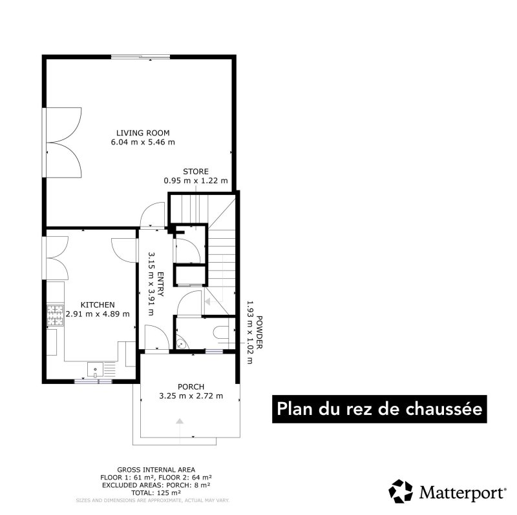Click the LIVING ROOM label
pyautogui.click(x=143, y=133)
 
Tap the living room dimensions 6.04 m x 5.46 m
pyautogui.click(x=143, y=142)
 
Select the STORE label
pyautogui.click(x=196, y=172)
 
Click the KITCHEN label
pyautogui.click(x=98, y=305)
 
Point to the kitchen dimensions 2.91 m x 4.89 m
pyautogui.click(x=98, y=314)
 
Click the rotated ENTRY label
pyautogui.click(x=160, y=284)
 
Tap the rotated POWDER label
pyautogui.click(x=260, y=332)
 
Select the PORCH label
pyautogui.click(x=191, y=387)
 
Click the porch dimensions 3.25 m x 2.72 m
pyautogui.click(x=191, y=396)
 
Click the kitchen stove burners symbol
pyautogui.click(x=55, y=316)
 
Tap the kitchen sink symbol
pyautogui.click(x=95, y=369)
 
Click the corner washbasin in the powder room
pyautogui.click(x=182, y=343)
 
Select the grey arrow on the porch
pyautogui.click(x=180, y=421)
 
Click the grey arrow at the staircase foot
pyautogui.click(x=207, y=301)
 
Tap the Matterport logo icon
pyautogui.click(x=401, y=491)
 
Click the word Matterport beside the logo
pyautogui.click(x=461, y=492)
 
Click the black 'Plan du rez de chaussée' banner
pyautogui.click(x=379, y=409)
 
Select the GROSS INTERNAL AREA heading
pyautogui.click(x=156, y=470)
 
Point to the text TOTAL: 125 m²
pyautogui.click(x=156, y=493)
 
